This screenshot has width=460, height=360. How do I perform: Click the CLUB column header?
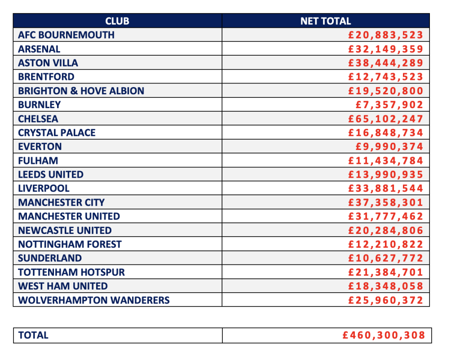click(x=117, y=21)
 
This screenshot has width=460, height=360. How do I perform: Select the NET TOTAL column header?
click(x=325, y=21)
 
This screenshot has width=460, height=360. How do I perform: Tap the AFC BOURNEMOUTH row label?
click(x=66, y=35)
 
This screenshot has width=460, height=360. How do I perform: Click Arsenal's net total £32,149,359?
click(x=386, y=49)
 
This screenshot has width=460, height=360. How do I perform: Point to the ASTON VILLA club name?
click(x=48, y=63)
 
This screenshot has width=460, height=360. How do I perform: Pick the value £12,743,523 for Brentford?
click(x=386, y=77)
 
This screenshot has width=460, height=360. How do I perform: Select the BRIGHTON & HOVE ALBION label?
click(x=81, y=91)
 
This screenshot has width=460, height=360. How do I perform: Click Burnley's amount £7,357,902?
click(x=389, y=105)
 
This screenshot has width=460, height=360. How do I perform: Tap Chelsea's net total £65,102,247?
click(x=386, y=119)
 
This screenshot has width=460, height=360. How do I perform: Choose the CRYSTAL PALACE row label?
click(x=57, y=132)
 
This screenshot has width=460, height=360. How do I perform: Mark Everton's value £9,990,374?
click(x=389, y=146)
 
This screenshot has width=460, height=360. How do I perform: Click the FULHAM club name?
click(x=38, y=160)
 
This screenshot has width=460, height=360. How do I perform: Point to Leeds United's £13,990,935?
click(x=386, y=174)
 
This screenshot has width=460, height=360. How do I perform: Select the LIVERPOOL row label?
click(x=44, y=188)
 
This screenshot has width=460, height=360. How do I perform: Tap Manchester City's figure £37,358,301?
click(x=386, y=202)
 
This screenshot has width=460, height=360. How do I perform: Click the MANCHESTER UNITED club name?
click(x=69, y=216)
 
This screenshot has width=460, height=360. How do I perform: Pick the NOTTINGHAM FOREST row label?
click(x=70, y=244)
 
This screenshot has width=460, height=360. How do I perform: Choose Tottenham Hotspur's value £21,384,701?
click(x=386, y=272)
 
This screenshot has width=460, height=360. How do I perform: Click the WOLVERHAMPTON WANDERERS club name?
click(x=94, y=300)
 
